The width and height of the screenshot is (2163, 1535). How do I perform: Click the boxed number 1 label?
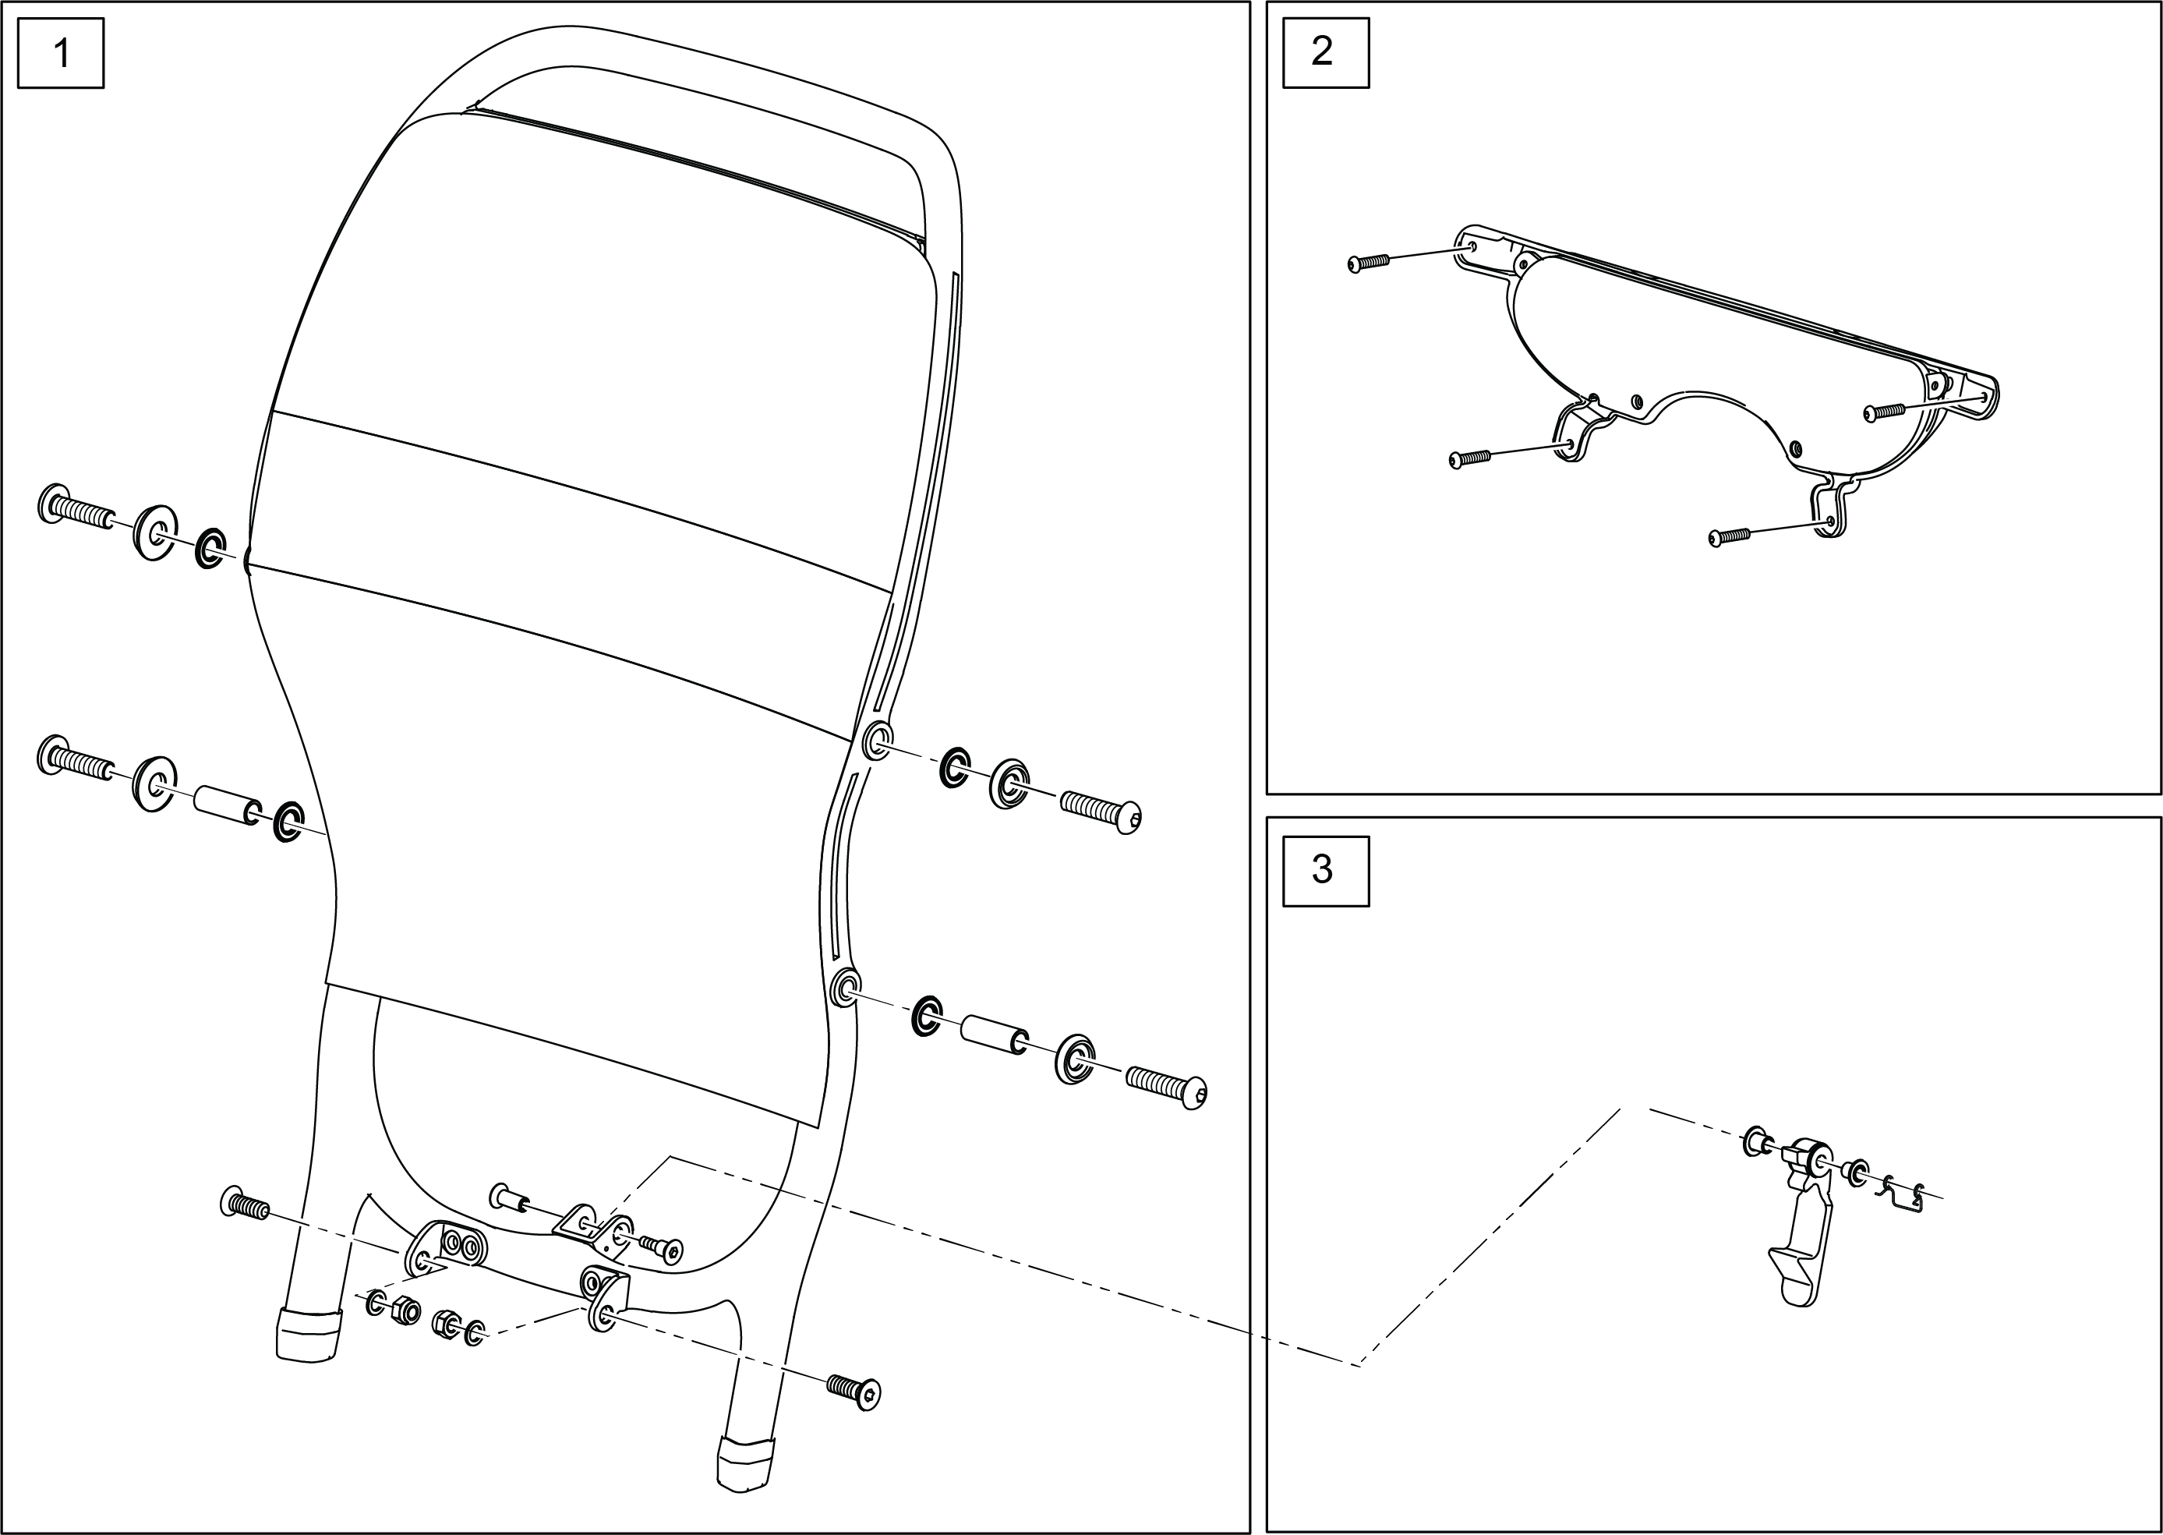[62, 53]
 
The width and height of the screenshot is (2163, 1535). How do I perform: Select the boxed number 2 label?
[1325, 52]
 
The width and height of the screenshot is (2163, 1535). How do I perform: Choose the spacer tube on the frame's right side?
[993, 1034]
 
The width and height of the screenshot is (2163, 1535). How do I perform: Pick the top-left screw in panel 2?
[1368, 263]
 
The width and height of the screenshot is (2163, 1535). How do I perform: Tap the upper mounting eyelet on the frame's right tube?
[877, 737]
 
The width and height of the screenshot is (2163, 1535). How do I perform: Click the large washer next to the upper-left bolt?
[154, 532]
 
